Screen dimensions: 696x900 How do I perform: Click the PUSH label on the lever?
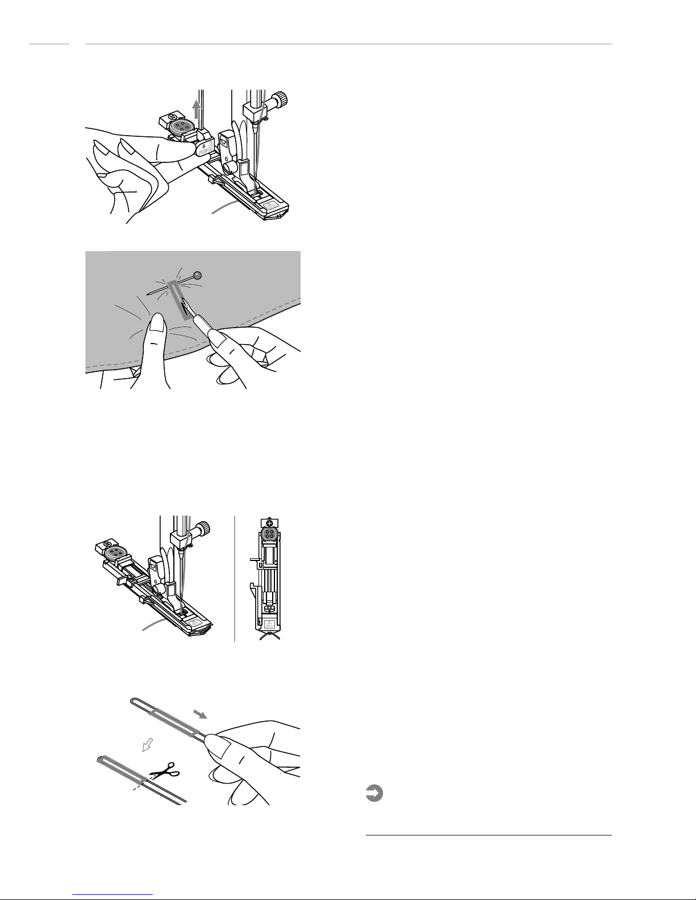tap(203, 151)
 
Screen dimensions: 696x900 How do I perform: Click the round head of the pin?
tap(197, 276)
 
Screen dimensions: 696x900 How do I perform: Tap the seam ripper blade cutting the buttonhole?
tap(186, 309)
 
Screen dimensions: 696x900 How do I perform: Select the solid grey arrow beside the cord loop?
tap(201, 713)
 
